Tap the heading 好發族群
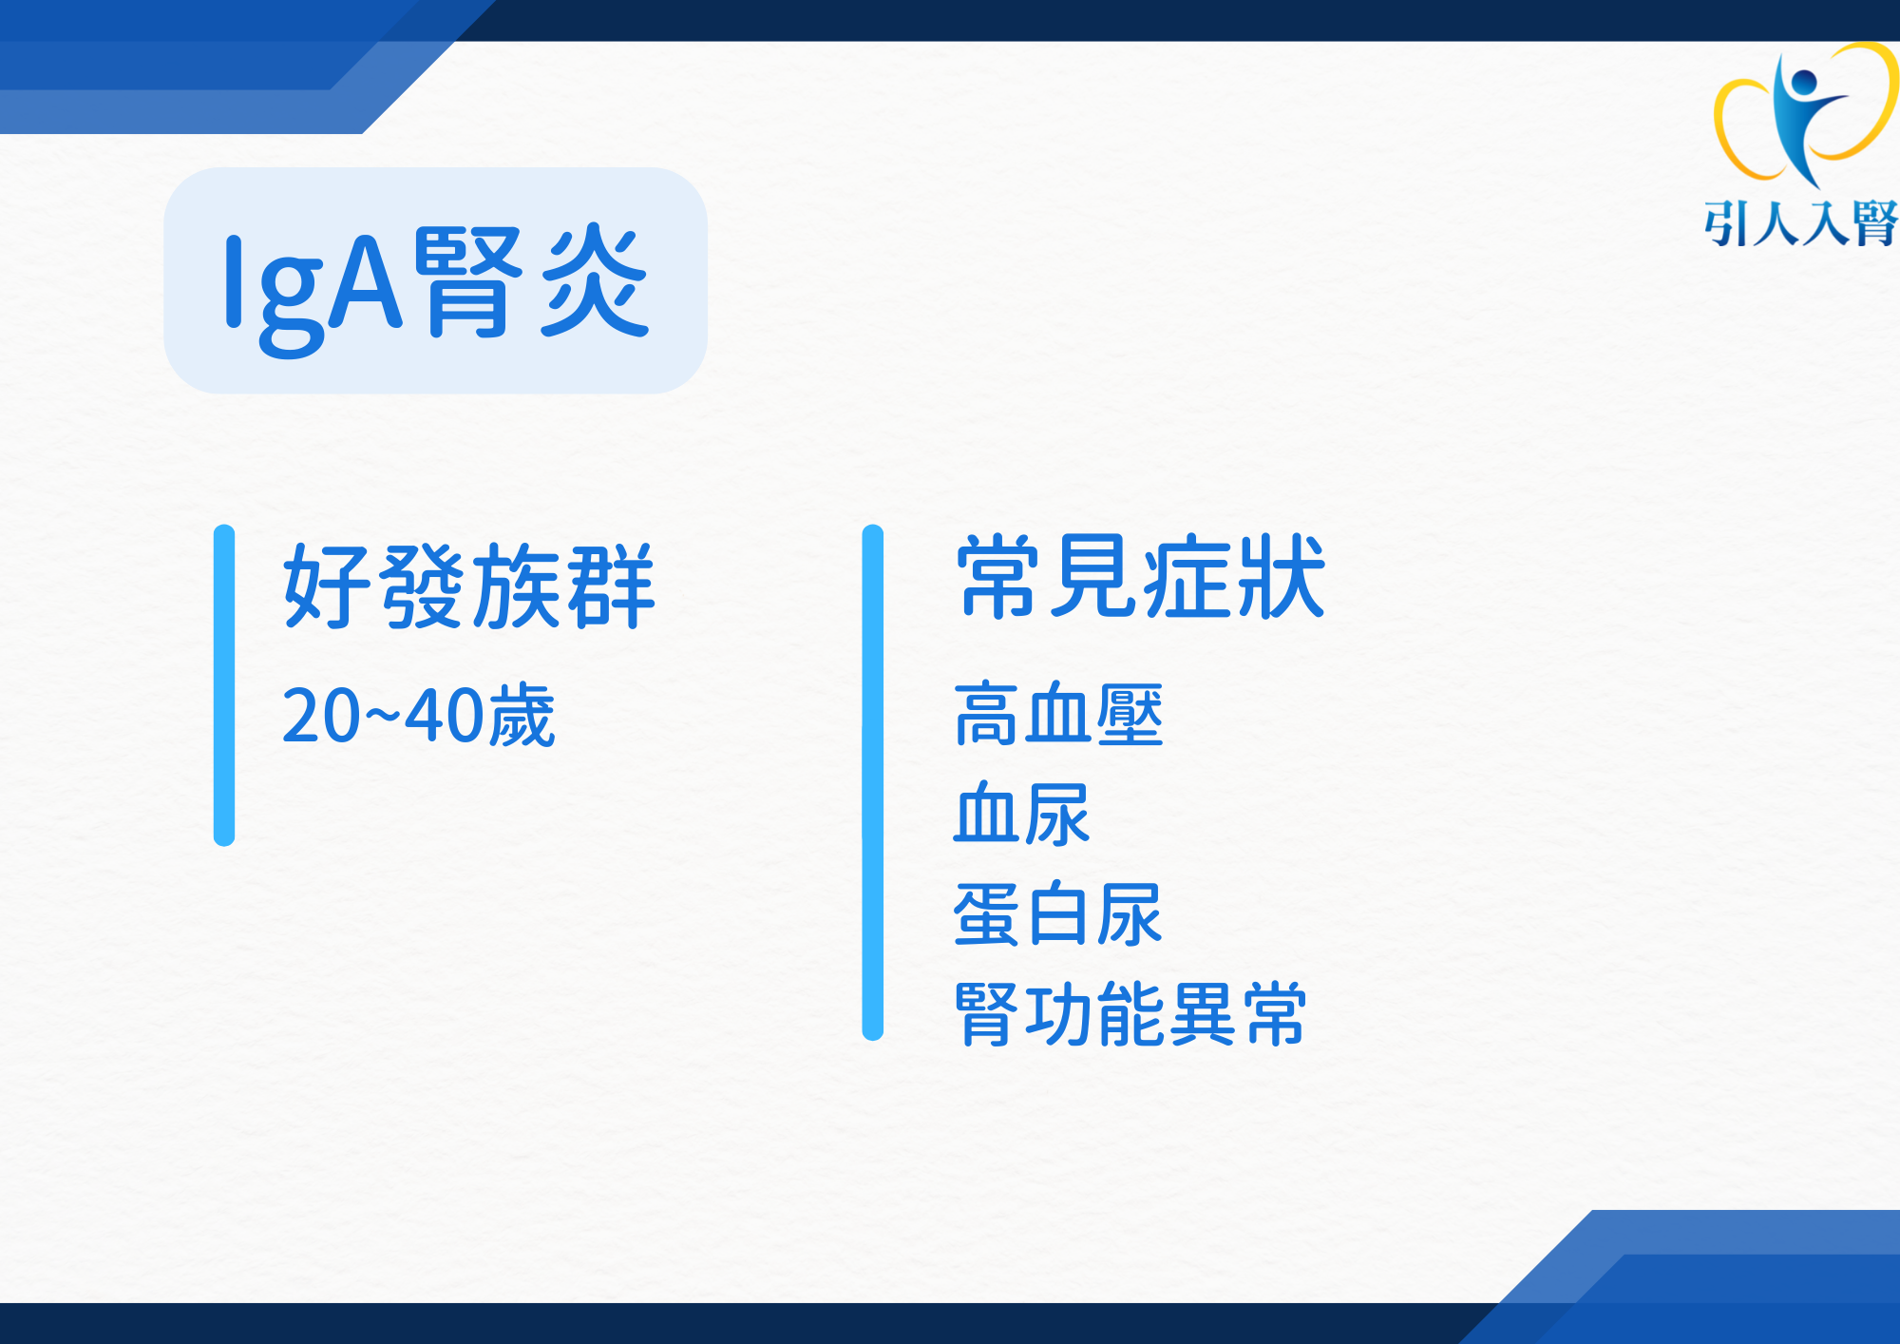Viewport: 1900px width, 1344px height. coord(469,586)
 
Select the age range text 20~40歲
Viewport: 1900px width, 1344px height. coord(418,715)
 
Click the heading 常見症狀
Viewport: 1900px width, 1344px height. coord(1140,576)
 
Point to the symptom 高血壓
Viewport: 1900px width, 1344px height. coord(1058,714)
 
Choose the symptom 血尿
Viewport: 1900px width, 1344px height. coord(1022,814)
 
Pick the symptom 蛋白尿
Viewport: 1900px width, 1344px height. coord(1058,914)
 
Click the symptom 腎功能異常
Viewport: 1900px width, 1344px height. coord(1130,1014)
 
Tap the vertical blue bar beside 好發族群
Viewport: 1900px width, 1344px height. coord(224,685)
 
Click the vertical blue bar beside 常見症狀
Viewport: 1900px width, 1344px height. coord(873,782)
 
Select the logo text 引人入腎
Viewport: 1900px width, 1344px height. coord(1801,224)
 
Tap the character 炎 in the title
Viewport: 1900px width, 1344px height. coord(596,279)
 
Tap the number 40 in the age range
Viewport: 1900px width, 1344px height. coord(444,716)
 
